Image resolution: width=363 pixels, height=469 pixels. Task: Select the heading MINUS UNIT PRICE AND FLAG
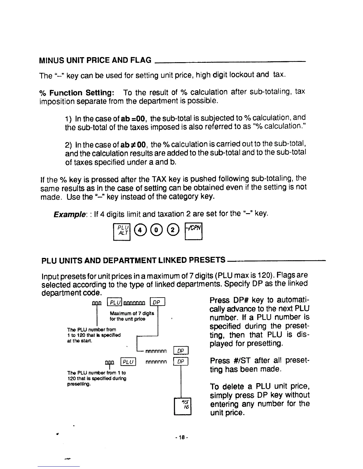click(95, 60)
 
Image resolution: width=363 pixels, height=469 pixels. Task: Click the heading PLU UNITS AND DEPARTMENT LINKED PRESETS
click(133, 261)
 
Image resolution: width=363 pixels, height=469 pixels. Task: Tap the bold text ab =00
click(134, 119)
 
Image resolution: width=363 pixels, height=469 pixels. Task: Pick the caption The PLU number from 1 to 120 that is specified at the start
click(94, 335)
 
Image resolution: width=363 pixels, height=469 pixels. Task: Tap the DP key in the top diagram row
click(157, 302)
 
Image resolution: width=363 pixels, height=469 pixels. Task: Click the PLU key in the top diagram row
click(114, 302)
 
